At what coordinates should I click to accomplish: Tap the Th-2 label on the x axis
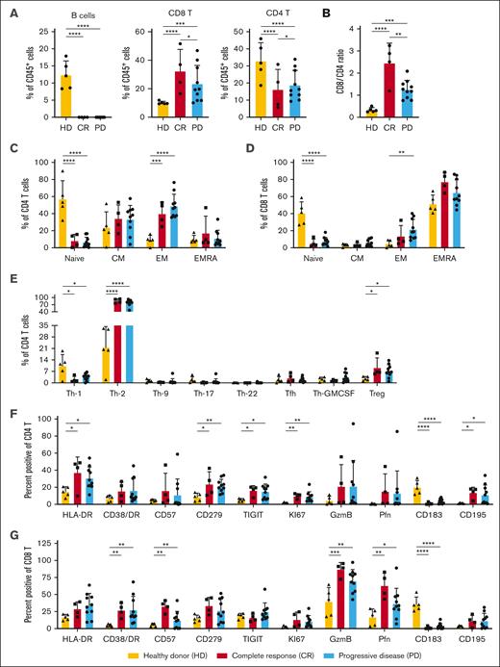(x=110, y=392)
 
